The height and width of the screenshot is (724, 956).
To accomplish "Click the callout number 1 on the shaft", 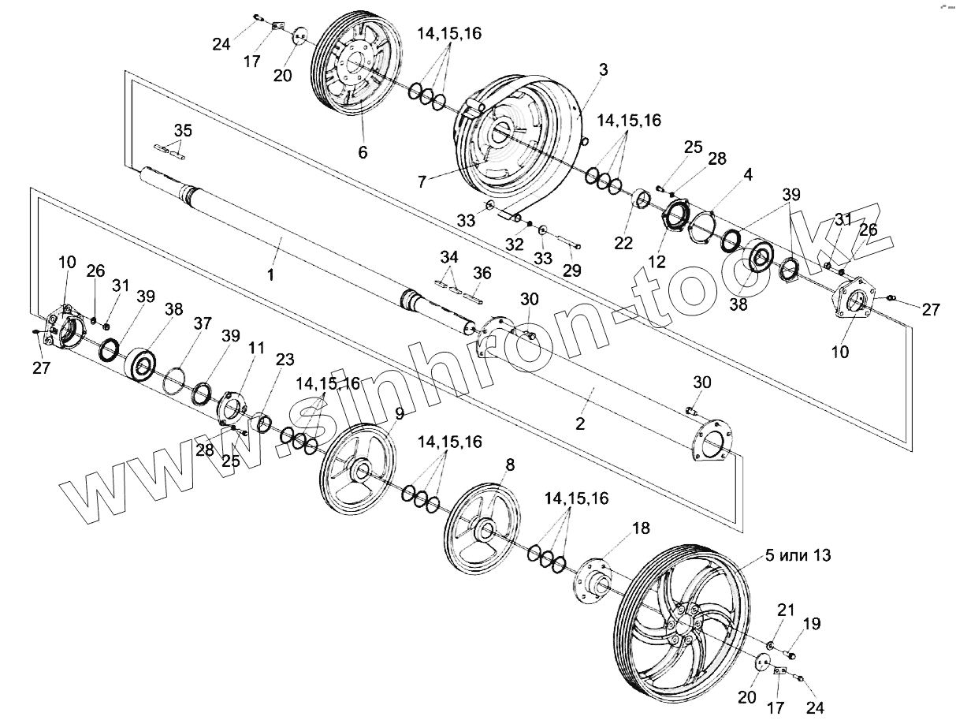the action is click(272, 275).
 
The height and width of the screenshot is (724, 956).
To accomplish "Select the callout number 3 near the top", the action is click(603, 69).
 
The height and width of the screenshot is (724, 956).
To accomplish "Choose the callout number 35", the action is click(182, 129).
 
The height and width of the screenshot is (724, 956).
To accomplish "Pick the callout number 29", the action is click(571, 270).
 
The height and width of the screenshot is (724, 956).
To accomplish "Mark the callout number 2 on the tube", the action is click(580, 424).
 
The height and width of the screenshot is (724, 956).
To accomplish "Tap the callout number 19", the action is click(812, 625).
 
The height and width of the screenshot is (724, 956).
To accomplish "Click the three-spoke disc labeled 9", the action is click(359, 471).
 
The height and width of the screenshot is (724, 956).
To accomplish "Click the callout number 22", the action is click(623, 244).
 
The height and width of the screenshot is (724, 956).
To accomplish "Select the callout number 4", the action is click(748, 175).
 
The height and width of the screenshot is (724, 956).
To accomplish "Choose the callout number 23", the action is click(285, 360).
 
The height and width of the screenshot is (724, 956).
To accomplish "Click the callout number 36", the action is click(482, 274).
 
